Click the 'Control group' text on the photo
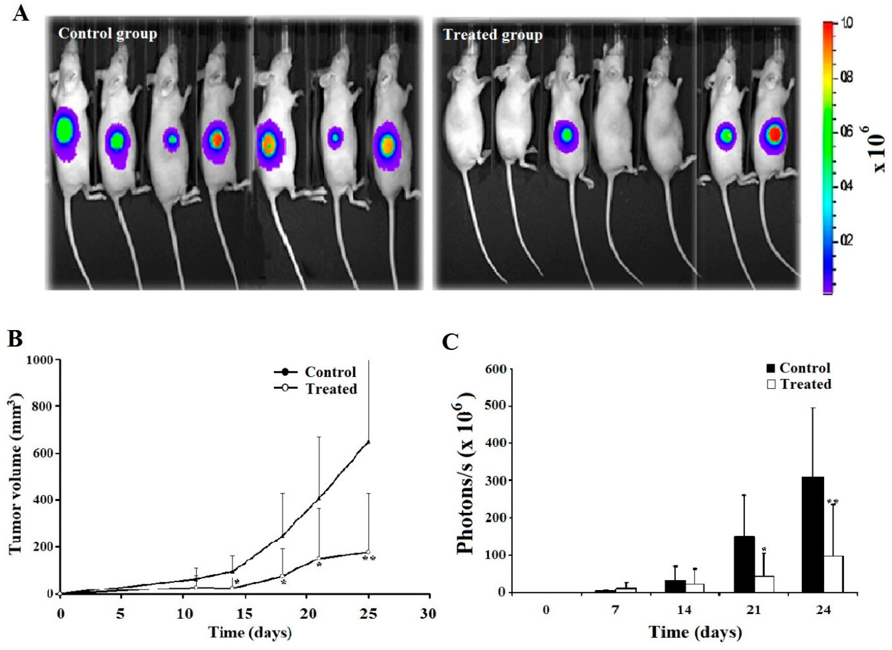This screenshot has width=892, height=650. tap(107, 34)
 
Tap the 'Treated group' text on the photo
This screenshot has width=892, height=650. tap(493, 35)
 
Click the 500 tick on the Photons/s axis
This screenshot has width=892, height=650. tap(497, 406)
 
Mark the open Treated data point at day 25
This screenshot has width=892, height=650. tap(368, 552)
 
